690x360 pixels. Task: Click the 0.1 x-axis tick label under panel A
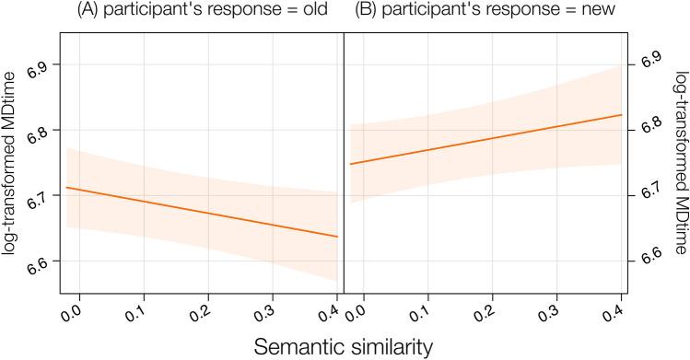(x=135, y=314)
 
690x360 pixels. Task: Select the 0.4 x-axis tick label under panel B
(x=612, y=314)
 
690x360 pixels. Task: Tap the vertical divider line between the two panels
(x=344, y=166)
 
